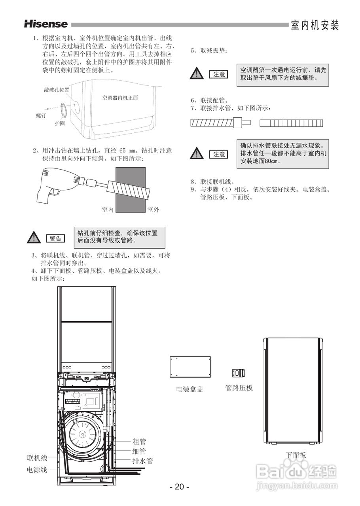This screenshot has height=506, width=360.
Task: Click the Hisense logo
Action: pos(46,24)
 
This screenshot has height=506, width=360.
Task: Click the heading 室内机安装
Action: pos(315,25)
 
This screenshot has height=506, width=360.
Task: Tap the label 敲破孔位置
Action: pos(57,90)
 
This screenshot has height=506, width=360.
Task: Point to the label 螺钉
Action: pos(41,115)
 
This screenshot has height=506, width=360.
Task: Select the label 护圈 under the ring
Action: pos(60,123)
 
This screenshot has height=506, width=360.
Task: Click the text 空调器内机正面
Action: pos(120,97)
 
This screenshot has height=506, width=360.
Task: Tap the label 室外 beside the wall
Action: pos(153,210)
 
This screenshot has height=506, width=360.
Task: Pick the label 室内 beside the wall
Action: pos(108,210)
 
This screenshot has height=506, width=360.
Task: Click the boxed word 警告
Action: pos(55,238)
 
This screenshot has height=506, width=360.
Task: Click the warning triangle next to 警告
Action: pos(34,238)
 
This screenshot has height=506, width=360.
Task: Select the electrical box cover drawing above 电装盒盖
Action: pos(190,368)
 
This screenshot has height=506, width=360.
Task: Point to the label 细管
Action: pos(139,451)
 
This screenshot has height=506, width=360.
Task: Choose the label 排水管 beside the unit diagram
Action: pos(142,461)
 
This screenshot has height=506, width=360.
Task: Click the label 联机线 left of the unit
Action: pos(37,458)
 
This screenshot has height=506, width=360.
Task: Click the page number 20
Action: pos(180,487)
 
